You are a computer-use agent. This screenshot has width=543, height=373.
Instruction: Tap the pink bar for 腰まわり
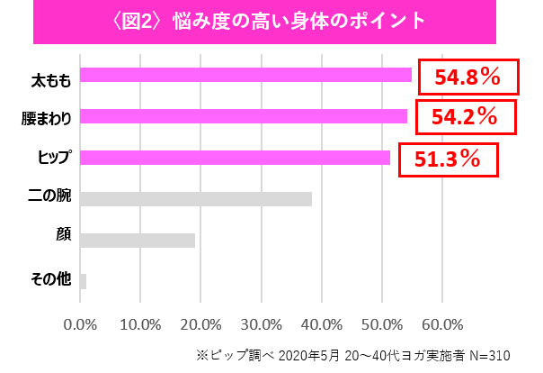(x=243, y=116)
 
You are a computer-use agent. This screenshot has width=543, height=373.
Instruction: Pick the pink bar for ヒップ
(x=235, y=158)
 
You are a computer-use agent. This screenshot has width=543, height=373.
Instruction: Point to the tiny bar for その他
(x=83, y=281)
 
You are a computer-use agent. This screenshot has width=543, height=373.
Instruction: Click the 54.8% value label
(x=468, y=77)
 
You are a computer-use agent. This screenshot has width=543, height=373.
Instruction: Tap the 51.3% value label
(x=447, y=159)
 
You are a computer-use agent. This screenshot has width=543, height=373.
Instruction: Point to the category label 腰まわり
(x=47, y=118)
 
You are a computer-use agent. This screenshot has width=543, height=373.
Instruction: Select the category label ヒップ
(x=54, y=158)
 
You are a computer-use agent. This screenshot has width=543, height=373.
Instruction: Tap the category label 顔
(x=63, y=235)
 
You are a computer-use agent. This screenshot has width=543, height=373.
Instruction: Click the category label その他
(x=49, y=279)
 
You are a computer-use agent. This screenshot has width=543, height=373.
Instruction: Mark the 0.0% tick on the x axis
(x=81, y=324)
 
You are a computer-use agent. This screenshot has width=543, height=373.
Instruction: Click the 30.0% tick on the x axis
(x=262, y=324)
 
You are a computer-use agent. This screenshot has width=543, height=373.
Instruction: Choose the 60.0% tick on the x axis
(x=442, y=324)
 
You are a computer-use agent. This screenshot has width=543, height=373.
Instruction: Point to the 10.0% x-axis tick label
(x=141, y=324)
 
